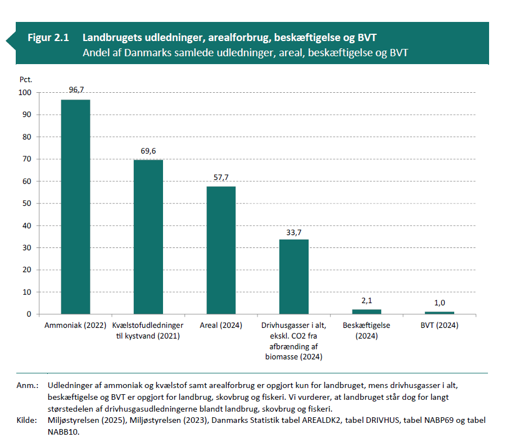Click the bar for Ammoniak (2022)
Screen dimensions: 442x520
pos(75,206)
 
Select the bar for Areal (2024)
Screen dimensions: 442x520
pos(221,250)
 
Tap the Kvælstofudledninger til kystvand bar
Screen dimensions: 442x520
pos(148,237)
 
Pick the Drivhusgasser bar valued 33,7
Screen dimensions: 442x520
pos(293,277)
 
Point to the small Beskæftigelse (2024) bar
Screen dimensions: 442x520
pos(367,312)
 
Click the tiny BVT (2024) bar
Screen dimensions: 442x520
pos(439,313)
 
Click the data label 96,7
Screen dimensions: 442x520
pos(76,90)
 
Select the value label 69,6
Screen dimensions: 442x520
pos(148,151)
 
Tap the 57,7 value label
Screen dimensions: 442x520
pos(221,177)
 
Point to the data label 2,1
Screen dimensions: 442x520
pos(367,301)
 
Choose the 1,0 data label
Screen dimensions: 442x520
pos(439,303)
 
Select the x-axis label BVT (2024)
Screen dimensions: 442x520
pos(439,326)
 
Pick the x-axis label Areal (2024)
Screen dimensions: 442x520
pos(221,326)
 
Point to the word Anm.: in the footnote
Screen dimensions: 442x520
pos(28,386)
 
